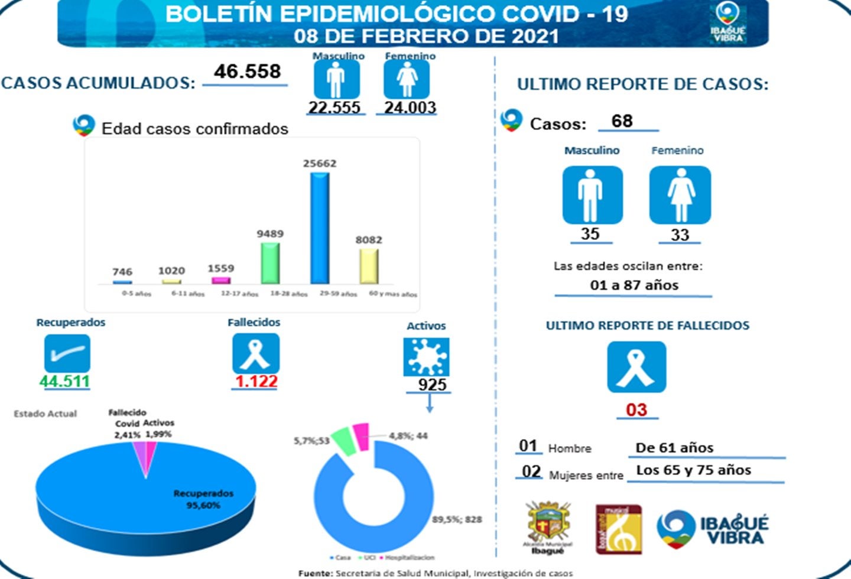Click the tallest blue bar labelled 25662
point(320,227)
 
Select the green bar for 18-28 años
point(270,263)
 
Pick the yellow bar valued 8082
point(369,265)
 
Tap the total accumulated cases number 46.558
point(247,71)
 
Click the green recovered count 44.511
point(64,382)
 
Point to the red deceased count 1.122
point(256,382)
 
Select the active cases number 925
point(432,385)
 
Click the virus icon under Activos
point(426,357)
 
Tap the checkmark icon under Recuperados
point(67,353)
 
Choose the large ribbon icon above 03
point(636,367)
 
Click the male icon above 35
point(592,195)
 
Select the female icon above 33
point(680,195)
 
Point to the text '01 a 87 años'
point(634,285)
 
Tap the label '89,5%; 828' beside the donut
point(457,520)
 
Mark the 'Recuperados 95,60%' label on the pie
point(203,499)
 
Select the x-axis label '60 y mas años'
point(392,294)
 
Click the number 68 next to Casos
point(622,121)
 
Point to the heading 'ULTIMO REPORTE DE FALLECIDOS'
point(647,326)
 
